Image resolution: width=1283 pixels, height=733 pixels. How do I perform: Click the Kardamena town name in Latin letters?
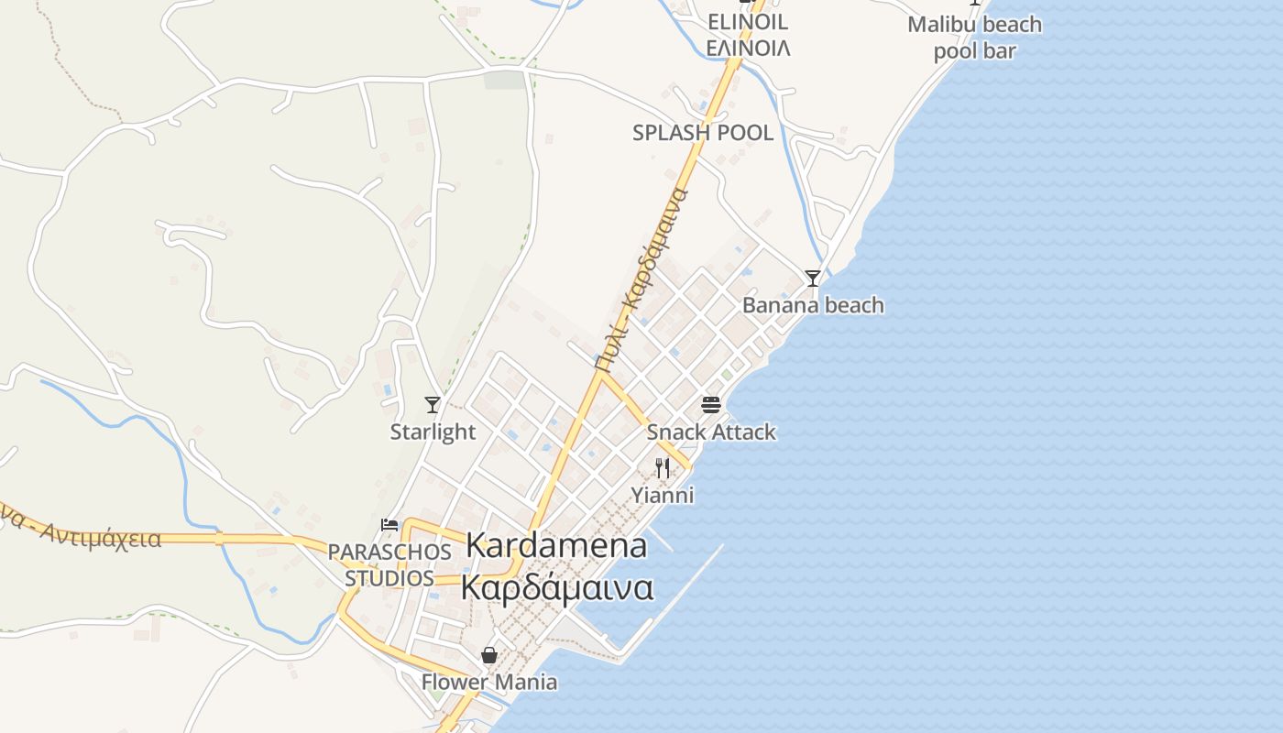click(x=556, y=545)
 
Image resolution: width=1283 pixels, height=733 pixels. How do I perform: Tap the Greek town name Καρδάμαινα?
click(x=557, y=587)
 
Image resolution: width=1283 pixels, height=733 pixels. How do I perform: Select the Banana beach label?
click(x=813, y=305)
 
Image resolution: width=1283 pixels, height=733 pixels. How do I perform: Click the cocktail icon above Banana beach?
click(x=812, y=278)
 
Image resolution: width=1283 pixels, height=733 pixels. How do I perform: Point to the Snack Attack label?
click(x=711, y=432)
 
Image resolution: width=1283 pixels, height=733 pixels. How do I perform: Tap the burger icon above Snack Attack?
click(x=711, y=404)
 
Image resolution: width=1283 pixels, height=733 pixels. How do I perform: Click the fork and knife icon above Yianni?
click(x=663, y=468)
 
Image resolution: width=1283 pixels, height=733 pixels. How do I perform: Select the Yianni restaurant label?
click(x=663, y=496)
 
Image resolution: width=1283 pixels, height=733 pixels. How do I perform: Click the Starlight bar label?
click(x=433, y=432)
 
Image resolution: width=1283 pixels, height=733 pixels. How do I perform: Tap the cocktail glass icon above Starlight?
click(x=433, y=404)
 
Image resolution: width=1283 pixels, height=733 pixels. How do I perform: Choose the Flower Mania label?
click(x=489, y=682)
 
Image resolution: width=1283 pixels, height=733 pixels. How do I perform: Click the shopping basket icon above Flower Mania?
click(x=489, y=655)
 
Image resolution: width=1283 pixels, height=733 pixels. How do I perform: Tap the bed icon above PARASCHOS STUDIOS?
click(x=389, y=525)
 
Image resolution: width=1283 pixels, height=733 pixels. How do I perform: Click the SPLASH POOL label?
click(x=703, y=133)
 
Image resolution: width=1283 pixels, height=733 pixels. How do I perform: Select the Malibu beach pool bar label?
click(x=974, y=38)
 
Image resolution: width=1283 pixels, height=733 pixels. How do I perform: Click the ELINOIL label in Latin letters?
click(x=748, y=22)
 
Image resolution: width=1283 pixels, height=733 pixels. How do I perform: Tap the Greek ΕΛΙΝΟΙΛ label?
click(x=748, y=48)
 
